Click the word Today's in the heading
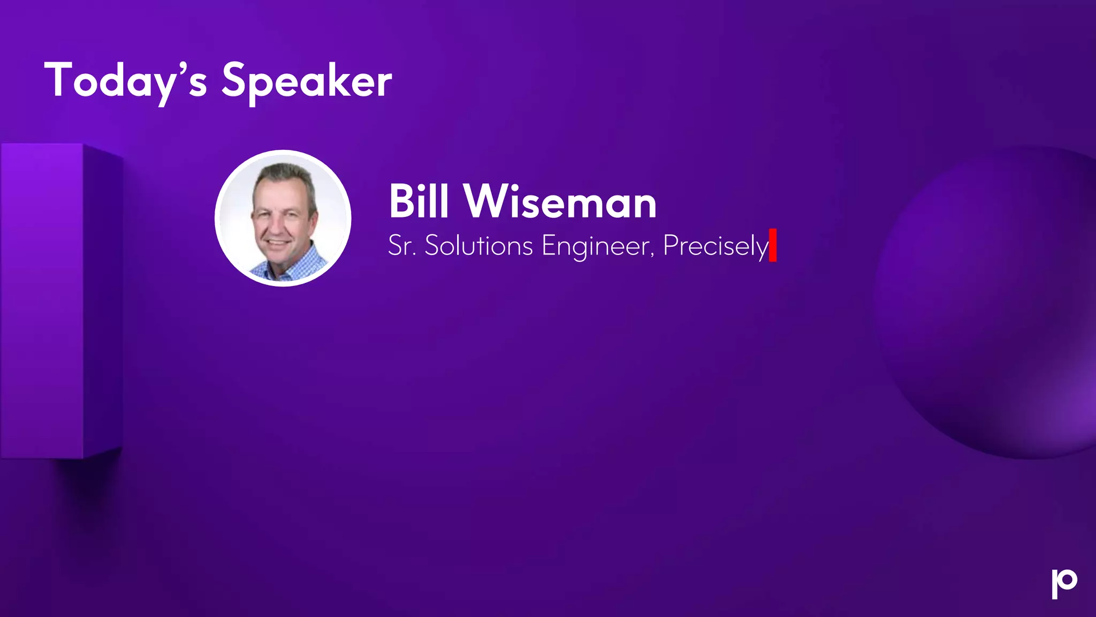(125, 81)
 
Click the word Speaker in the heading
(307, 81)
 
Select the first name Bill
(418, 202)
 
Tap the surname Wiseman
(560, 202)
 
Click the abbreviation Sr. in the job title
(402, 246)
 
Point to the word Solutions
(478, 246)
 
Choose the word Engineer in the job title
(596, 246)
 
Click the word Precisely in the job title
(715, 246)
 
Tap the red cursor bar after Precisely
(773, 245)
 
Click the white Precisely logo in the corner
(1064, 583)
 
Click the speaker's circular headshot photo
(283, 219)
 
